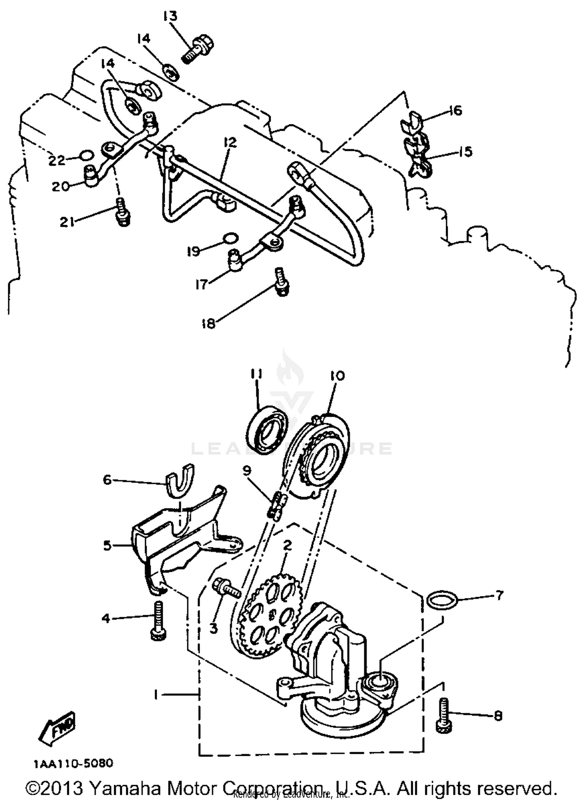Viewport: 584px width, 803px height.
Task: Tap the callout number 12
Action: [230, 143]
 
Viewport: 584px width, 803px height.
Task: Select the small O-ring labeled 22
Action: [86, 155]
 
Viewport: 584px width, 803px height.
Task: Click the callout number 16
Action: [455, 111]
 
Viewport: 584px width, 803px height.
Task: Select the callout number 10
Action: [337, 376]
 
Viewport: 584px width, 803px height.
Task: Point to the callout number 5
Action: [107, 545]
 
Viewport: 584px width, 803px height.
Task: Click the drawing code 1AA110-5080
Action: [73, 762]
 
